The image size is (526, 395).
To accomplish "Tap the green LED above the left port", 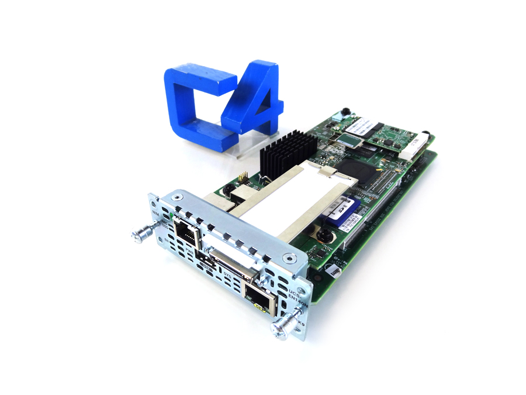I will (x=170, y=218).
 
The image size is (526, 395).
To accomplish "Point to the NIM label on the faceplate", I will (x=157, y=214).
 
